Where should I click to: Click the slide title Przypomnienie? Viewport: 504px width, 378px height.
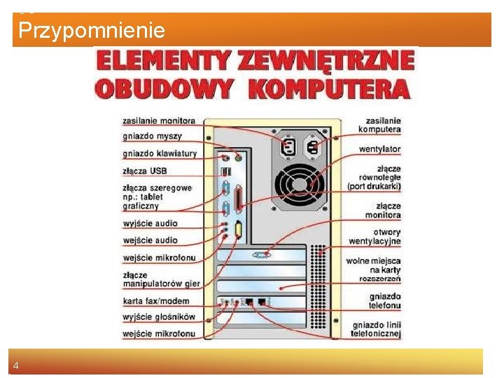(x=92, y=31)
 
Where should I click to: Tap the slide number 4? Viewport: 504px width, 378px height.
(x=15, y=365)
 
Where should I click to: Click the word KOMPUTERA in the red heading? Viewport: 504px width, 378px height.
(x=329, y=89)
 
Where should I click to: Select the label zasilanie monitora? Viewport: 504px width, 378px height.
(x=159, y=121)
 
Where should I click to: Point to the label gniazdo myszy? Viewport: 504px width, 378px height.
(x=152, y=136)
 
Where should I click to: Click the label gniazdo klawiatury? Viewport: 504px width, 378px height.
(x=160, y=153)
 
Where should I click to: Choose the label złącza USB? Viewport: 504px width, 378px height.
(x=145, y=171)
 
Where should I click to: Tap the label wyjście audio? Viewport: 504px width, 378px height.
(x=150, y=223)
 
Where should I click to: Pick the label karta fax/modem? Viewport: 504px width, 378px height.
(x=156, y=301)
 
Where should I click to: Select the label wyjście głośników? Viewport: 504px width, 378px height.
(x=159, y=317)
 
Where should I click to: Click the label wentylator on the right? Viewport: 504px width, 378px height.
(x=379, y=149)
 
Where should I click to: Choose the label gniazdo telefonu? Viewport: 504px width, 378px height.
(x=385, y=301)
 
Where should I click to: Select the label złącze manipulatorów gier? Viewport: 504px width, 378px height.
(x=161, y=279)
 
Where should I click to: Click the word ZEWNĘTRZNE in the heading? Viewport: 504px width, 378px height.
(x=326, y=62)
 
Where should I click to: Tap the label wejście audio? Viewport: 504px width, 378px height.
(x=150, y=240)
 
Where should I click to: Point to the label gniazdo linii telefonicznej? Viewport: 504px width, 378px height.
(x=377, y=329)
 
